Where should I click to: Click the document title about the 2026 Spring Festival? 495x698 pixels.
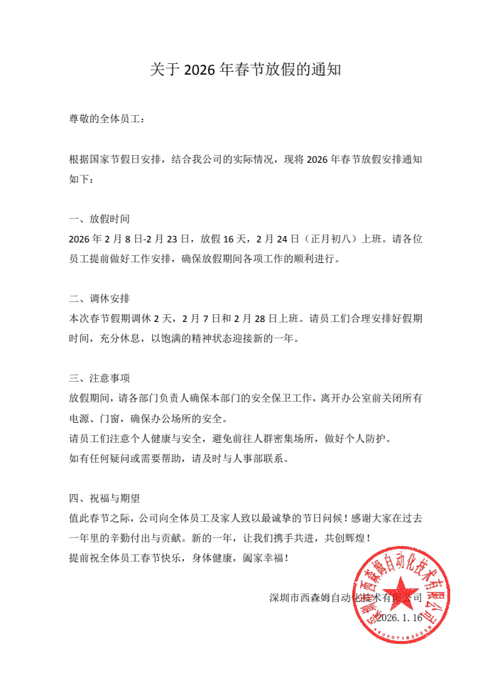(246, 70)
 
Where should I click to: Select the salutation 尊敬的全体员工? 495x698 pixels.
(106, 119)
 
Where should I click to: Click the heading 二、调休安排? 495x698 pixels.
(99, 298)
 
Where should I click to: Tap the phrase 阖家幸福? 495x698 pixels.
(261, 558)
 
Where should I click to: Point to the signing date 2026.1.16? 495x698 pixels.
(399, 618)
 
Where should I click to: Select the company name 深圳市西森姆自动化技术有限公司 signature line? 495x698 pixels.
(346, 598)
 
